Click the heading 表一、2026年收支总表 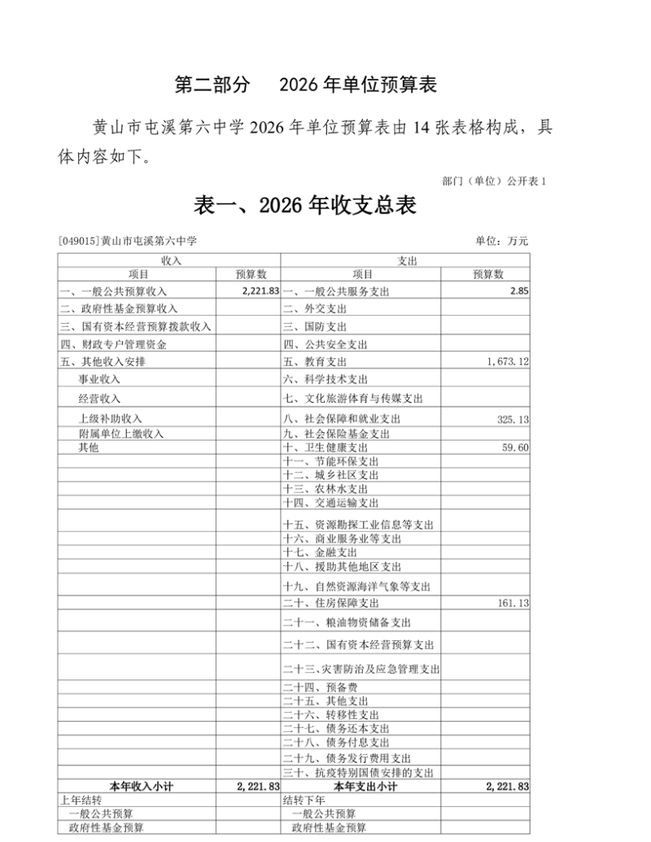click(305, 205)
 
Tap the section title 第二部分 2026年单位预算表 click(307, 85)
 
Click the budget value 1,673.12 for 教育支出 click(506, 362)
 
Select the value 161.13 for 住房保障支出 click(513, 604)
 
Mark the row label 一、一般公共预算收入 click(113, 291)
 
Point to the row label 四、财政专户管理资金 click(113, 344)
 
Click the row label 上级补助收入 click(110, 419)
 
